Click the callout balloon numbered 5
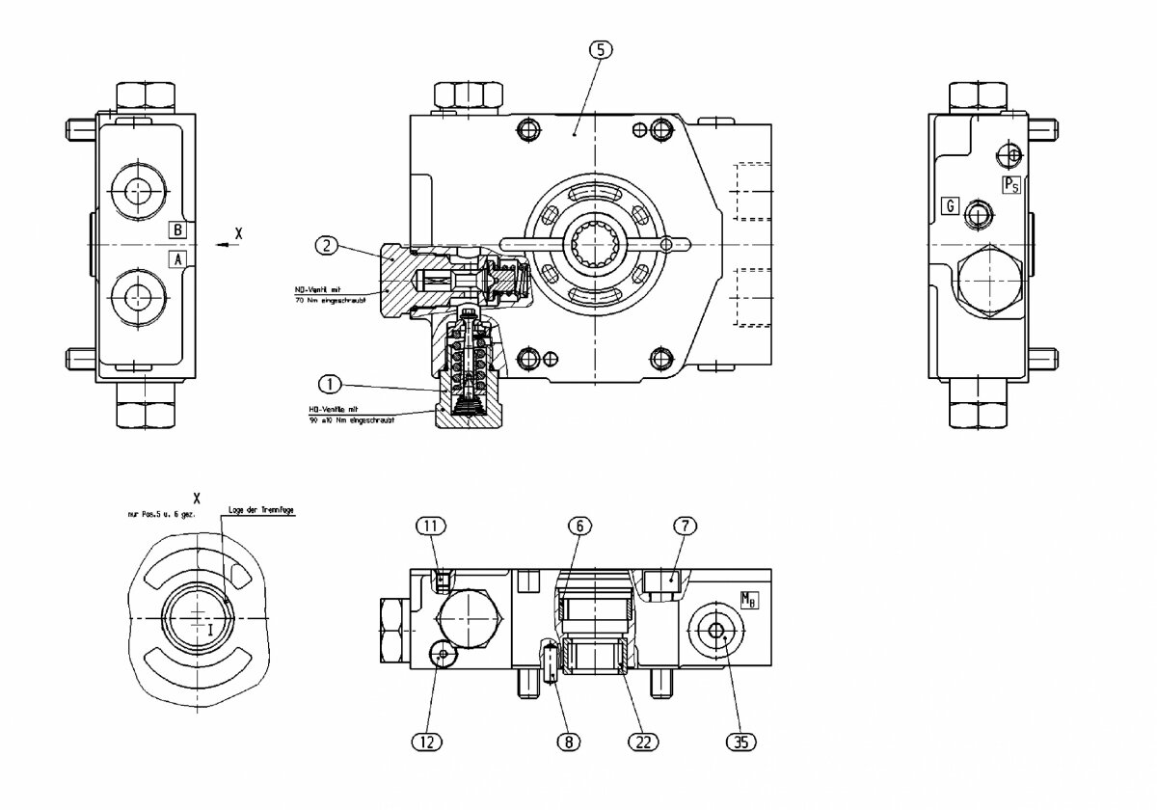pyautogui.click(x=600, y=50)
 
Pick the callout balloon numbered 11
pyautogui.click(x=431, y=526)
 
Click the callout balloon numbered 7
pyautogui.click(x=685, y=526)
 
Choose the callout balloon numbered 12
pyautogui.click(x=427, y=741)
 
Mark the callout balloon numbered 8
pyautogui.click(x=569, y=741)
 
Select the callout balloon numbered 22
pyautogui.click(x=642, y=741)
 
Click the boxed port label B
pyautogui.click(x=177, y=229)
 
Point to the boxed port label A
pyautogui.click(x=177, y=258)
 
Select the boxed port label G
pyautogui.click(x=951, y=205)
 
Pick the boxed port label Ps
pyautogui.click(x=1011, y=185)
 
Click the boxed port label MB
pyautogui.click(x=750, y=600)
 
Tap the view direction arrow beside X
pyautogui.click(x=224, y=245)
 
